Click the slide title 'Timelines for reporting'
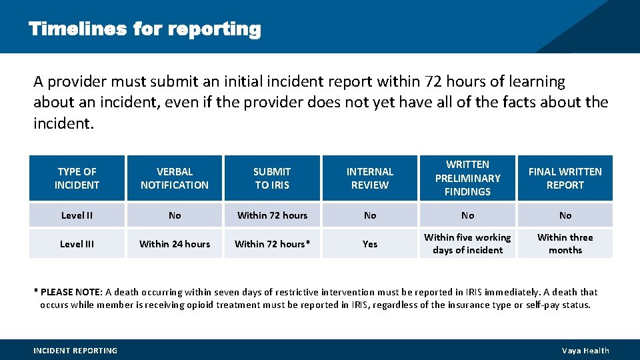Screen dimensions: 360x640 click(145, 29)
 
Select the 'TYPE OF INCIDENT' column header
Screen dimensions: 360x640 click(77, 178)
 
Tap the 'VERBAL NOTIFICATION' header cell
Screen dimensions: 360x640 click(175, 178)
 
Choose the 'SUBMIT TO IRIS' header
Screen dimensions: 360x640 click(272, 178)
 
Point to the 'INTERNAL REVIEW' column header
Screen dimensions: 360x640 click(370, 178)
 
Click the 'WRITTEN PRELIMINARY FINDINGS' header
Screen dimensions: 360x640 click(467, 178)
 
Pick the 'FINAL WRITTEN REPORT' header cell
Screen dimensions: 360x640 click(565, 178)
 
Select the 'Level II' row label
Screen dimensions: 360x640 click(77, 215)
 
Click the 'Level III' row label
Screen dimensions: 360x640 click(77, 244)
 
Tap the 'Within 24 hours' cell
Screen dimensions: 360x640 click(175, 244)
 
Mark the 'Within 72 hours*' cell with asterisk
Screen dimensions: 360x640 click(272, 244)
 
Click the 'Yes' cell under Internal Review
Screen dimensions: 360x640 click(370, 244)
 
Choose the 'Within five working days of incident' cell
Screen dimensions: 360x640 click(467, 244)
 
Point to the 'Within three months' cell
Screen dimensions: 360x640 click(565, 244)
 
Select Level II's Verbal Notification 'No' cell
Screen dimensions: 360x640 click(175, 215)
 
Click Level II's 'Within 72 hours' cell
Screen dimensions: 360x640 click(272, 215)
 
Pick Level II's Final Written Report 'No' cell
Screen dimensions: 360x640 click(565, 215)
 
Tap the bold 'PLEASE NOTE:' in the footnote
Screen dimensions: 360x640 click(71, 292)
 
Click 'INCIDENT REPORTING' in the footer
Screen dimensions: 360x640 click(75, 351)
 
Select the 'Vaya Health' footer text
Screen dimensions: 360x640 click(585, 351)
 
